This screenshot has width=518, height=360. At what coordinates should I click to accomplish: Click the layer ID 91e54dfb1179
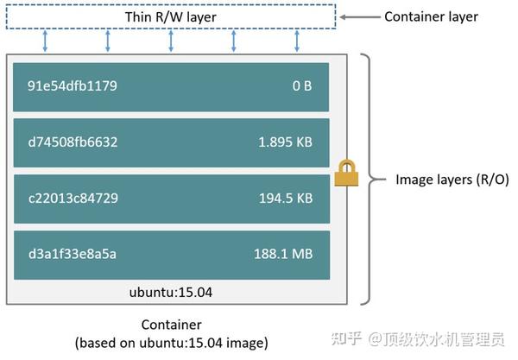pyautogui.click(x=73, y=86)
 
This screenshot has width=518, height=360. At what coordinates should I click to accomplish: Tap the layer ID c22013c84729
pyautogui.click(x=73, y=199)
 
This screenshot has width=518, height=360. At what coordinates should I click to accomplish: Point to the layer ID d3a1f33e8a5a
pyautogui.click(x=73, y=254)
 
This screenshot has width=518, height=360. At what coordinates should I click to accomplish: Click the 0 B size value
pyautogui.click(x=302, y=86)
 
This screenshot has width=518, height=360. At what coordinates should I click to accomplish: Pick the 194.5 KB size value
pyautogui.click(x=286, y=199)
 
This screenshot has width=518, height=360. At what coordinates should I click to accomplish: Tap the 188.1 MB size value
pyautogui.click(x=285, y=254)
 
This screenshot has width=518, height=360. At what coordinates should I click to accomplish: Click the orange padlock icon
pyautogui.click(x=346, y=173)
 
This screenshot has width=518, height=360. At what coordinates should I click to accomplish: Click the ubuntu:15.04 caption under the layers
pyautogui.click(x=171, y=293)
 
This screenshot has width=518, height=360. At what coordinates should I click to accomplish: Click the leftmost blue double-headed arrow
pyautogui.click(x=45, y=40)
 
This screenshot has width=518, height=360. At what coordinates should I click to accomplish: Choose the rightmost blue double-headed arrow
pyautogui.click(x=297, y=40)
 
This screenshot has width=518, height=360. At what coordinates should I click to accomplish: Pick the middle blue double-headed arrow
pyautogui.click(x=171, y=40)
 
